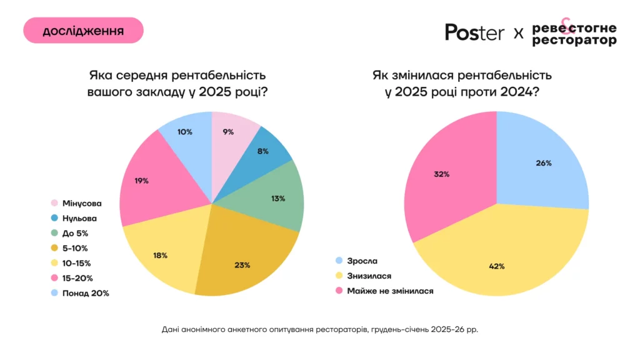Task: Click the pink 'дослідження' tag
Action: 83,30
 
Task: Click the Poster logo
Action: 474,32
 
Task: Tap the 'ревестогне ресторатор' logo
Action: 574,34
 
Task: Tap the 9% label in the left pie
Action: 227,132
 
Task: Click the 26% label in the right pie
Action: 544,163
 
